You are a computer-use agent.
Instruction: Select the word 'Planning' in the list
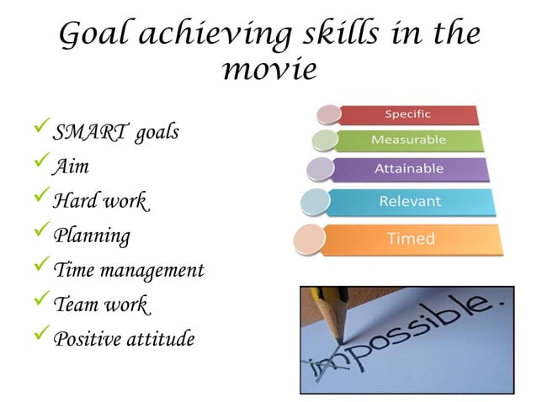(x=92, y=235)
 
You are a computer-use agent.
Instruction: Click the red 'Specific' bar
(x=407, y=114)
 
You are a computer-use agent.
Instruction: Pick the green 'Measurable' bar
(x=409, y=140)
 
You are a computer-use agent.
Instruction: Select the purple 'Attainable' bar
(x=409, y=169)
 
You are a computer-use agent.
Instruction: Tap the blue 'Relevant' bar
(x=410, y=202)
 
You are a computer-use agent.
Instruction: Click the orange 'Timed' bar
(x=411, y=239)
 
